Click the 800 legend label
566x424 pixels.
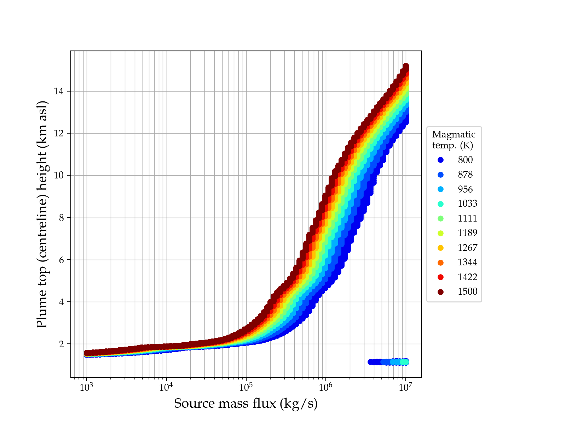pyautogui.click(x=465, y=160)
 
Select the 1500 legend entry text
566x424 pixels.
pyautogui.click(x=467, y=291)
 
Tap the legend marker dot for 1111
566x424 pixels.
pyautogui.click(x=440, y=218)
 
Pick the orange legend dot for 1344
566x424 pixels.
pyautogui.click(x=440, y=263)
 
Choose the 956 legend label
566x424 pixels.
pyautogui.click(x=465, y=189)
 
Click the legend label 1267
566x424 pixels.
pyautogui.click(x=467, y=248)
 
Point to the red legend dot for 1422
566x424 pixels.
pyautogui.click(x=440, y=277)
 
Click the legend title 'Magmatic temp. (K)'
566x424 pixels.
pyautogui.click(x=454, y=140)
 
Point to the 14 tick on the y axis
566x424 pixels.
pyautogui.click(x=59, y=92)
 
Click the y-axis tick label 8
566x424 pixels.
pyautogui.click(x=61, y=218)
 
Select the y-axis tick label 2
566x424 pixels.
pyautogui.click(x=61, y=344)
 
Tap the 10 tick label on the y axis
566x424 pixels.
pyautogui.click(x=59, y=176)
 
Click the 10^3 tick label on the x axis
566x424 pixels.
pyautogui.click(x=86, y=387)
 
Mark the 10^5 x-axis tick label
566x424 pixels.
pyautogui.click(x=246, y=387)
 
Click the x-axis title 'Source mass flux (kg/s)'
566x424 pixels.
pyautogui.click(x=246, y=404)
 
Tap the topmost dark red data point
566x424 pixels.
pyautogui.click(x=406, y=66)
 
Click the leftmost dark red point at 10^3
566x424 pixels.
pyautogui.click(x=86, y=353)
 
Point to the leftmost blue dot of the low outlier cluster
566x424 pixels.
pyautogui.click(x=370, y=362)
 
